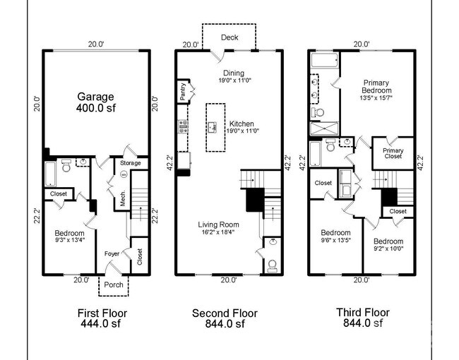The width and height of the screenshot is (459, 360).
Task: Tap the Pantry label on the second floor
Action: pos(182,93)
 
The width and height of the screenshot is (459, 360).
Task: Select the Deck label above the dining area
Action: pos(229,37)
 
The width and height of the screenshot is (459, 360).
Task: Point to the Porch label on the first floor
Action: pos(114,285)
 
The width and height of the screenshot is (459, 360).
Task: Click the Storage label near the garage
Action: pos(131,163)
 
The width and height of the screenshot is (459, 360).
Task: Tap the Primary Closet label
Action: pos(393,153)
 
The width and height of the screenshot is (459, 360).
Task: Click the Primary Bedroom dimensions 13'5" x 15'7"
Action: pos(376,97)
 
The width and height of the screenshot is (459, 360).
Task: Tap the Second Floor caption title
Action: pos(225,313)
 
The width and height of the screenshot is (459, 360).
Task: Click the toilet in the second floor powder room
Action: pos(272,265)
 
